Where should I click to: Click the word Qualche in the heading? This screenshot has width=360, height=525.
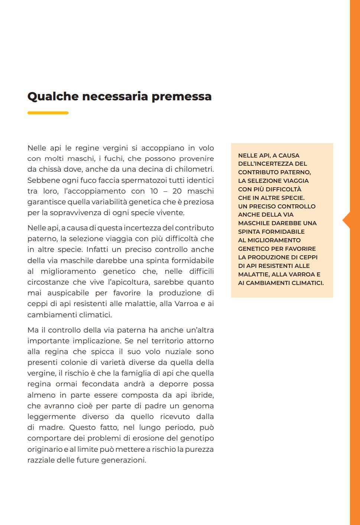[53, 97]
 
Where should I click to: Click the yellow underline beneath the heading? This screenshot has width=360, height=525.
[48, 113]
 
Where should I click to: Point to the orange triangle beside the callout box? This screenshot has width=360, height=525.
[346, 220]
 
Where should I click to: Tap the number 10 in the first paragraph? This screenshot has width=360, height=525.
[154, 191]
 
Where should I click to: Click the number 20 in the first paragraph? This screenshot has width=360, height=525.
[177, 191]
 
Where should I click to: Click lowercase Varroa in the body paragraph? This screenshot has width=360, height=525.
[186, 304]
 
